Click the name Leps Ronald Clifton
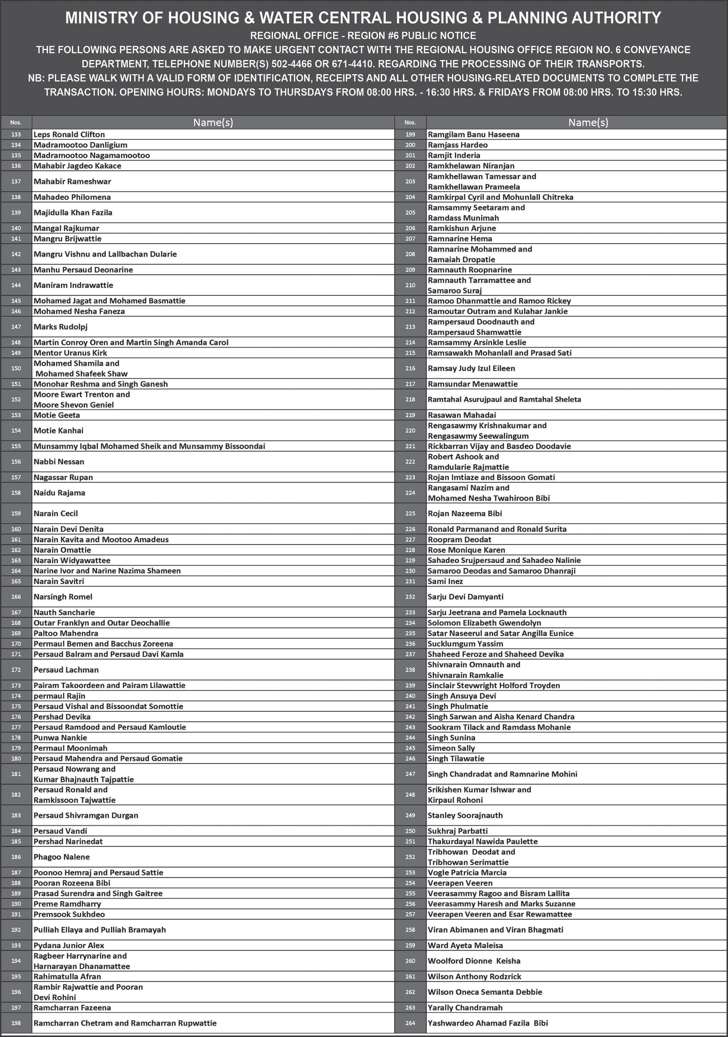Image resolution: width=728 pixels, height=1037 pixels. (x=69, y=134)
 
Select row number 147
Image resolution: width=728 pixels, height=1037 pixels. (x=16, y=327)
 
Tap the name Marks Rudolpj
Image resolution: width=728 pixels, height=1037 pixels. (x=61, y=327)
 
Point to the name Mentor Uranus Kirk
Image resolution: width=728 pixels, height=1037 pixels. (x=70, y=353)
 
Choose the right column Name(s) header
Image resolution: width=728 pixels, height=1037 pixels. (x=588, y=122)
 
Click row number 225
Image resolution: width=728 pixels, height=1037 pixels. (x=410, y=514)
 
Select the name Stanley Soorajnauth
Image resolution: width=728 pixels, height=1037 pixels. (x=465, y=815)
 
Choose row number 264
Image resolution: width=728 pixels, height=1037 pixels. (x=410, y=1023)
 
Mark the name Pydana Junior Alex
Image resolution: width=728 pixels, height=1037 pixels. (x=69, y=945)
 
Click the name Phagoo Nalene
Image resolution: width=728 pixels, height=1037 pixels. (x=61, y=857)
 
